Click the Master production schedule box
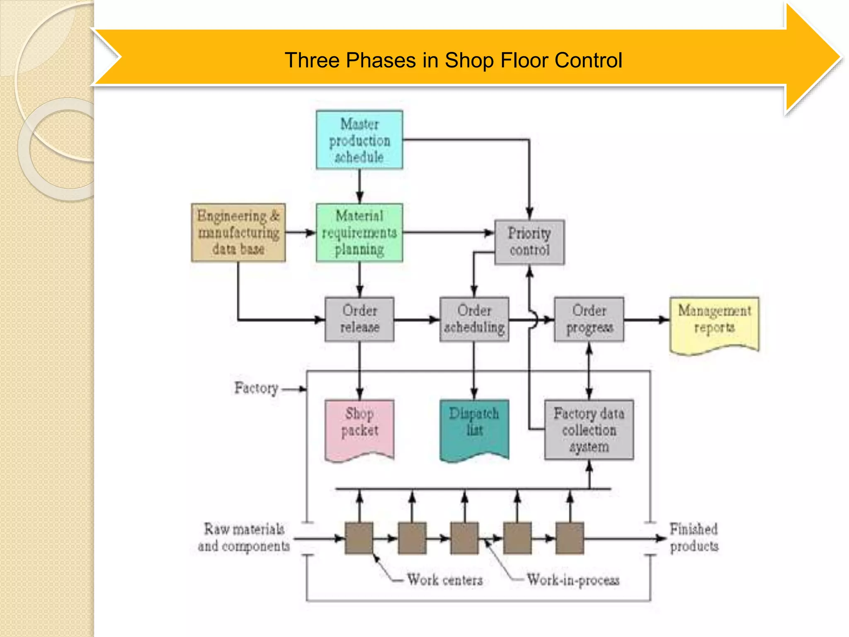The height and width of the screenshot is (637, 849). [359, 140]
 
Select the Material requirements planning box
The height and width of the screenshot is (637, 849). [359, 233]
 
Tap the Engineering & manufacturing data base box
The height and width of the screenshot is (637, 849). [238, 233]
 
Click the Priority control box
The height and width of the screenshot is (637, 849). [529, 242]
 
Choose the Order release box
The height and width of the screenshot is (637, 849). [359, 319]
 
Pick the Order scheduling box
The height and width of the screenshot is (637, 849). [474, 319]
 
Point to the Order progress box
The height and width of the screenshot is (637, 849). [589, 319]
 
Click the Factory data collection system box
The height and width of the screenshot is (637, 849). [589, 430]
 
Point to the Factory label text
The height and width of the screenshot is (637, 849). [256, 388]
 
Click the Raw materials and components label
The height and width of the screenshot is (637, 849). [244, 537]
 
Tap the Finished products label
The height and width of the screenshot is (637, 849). [694, 537]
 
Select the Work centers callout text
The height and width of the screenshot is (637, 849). [444, 580]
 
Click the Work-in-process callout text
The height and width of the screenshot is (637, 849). [573, 580]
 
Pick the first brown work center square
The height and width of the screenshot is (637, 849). [359, 538]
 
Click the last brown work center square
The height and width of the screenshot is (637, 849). [570, 538]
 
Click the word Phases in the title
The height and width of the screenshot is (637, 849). [381, 60]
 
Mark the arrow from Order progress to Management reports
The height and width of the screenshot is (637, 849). [647, 319]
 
